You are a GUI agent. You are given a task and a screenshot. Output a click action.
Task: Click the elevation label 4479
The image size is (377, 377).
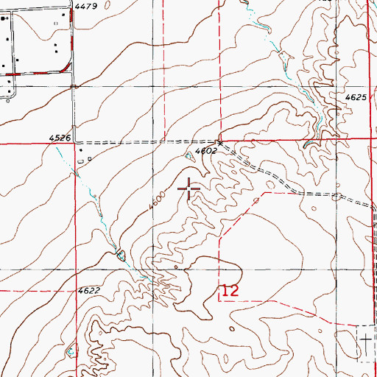[86, 6]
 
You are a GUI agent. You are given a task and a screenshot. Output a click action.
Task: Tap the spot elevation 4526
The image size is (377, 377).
[60, 138]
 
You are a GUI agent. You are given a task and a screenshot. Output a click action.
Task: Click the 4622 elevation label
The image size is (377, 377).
[88, 291]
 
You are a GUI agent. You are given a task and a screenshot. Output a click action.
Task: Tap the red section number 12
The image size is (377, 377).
[230, 291]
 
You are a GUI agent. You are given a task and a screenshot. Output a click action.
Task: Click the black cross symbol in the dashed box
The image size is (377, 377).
[366, 339]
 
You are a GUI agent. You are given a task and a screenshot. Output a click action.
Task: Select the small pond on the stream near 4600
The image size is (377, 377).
[121, 255]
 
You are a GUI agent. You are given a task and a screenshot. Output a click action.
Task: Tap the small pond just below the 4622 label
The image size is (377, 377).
[71, 350]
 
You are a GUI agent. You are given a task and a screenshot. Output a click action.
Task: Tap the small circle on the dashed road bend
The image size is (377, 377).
[337, 197]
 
